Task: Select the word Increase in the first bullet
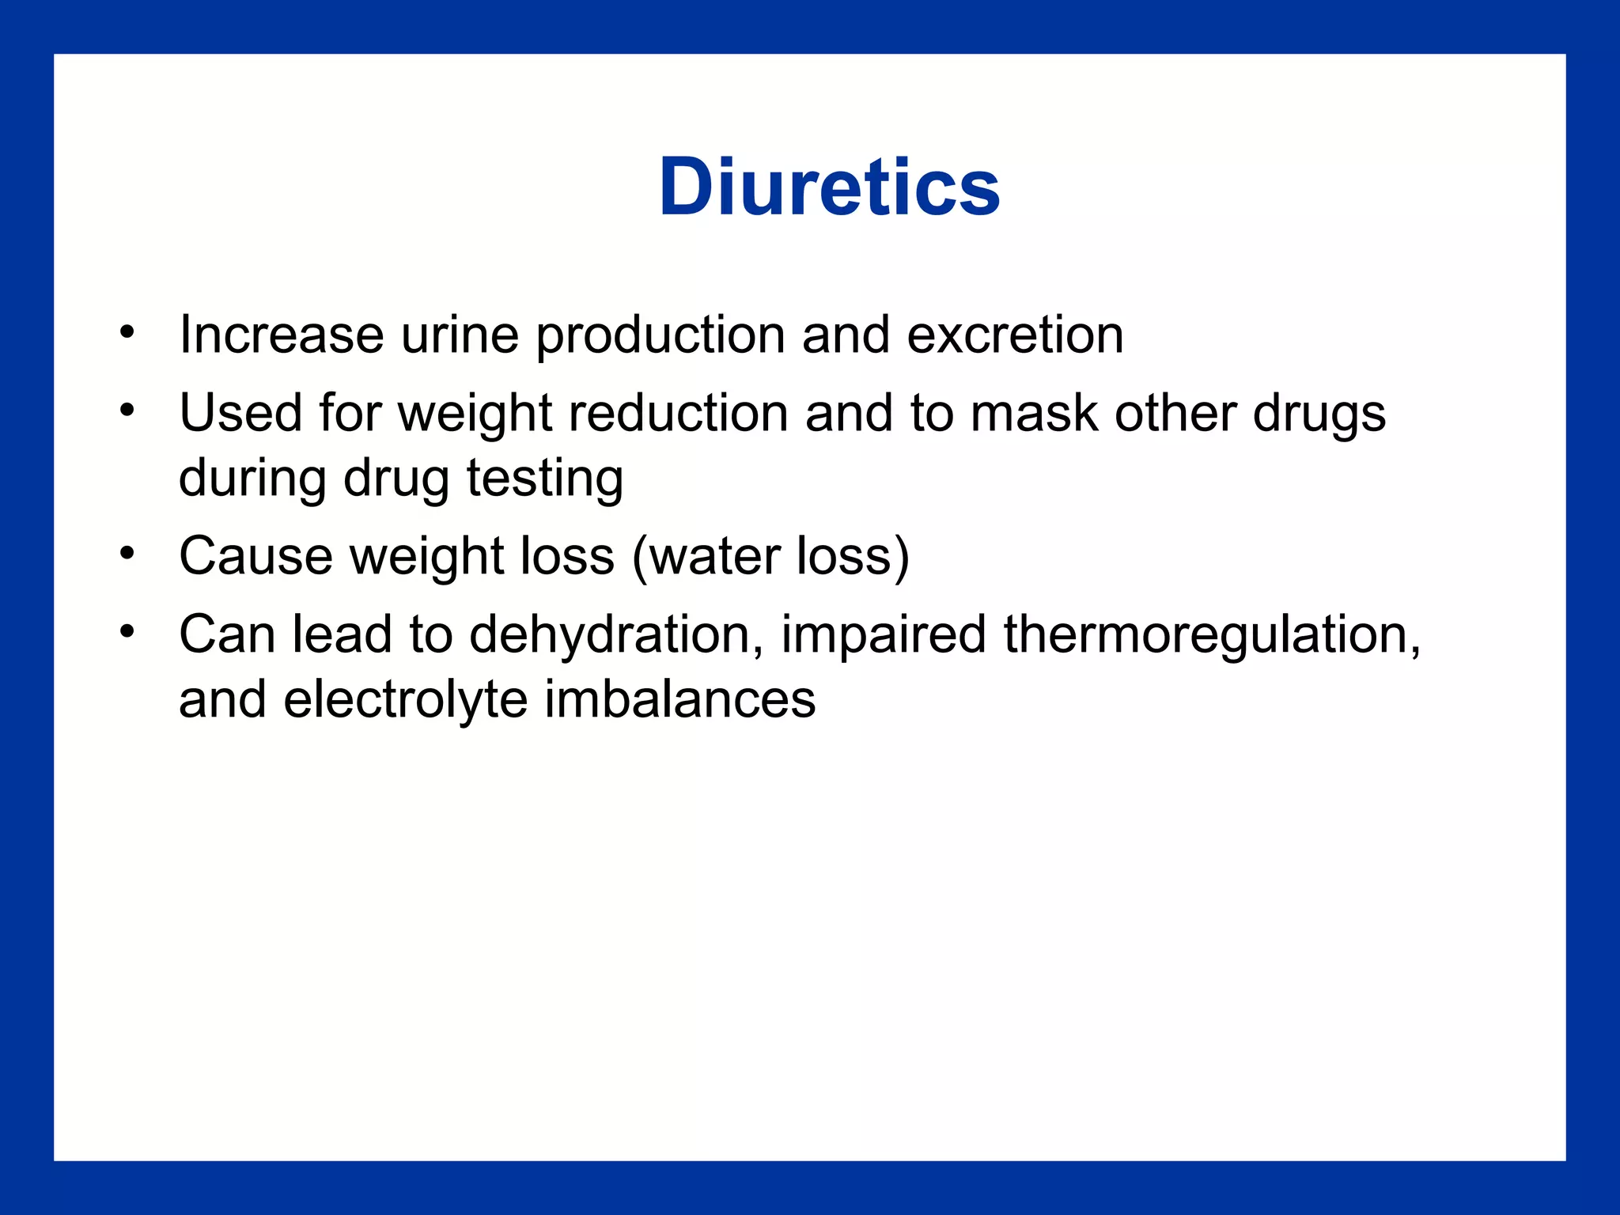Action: tap(282, 335)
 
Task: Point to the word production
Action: tap(660, 336)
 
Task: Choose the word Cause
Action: tap(255, 555)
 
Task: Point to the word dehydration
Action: tap(616, 634)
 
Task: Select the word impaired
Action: tap(884, 634)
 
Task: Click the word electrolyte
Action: tap(405, 700)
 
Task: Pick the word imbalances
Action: tap(679, 699)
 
